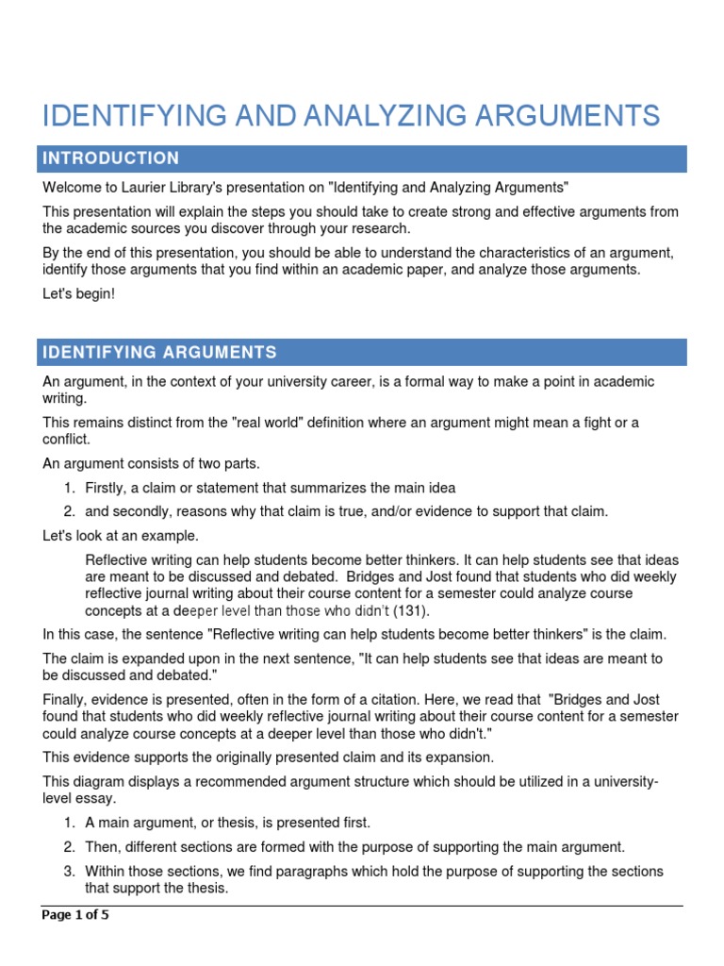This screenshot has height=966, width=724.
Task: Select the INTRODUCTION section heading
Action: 110,158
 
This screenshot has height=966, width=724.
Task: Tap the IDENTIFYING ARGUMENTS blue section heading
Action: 159,353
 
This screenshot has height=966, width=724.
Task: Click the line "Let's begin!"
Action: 78,295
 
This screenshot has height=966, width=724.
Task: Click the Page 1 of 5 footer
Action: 75,915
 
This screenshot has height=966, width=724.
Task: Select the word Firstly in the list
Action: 107,488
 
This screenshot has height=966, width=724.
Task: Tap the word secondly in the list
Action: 141,511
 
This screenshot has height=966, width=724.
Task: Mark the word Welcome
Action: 72,188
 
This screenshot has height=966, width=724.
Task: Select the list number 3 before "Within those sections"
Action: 70,871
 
